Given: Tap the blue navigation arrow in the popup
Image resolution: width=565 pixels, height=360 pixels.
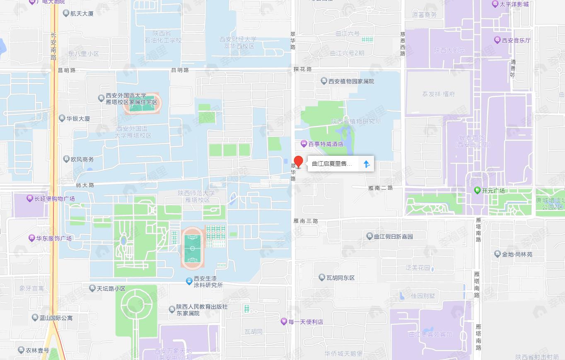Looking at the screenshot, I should [x=366, y=164].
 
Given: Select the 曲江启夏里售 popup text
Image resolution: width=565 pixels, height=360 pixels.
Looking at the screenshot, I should [x=332, y=164].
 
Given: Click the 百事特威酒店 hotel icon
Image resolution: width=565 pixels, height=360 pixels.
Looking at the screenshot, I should [x=304, y=144].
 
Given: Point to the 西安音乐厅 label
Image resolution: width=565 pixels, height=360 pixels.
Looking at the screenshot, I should [x=516, y=40].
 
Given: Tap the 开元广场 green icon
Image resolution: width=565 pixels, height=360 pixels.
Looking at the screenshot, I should [x=477, y=191].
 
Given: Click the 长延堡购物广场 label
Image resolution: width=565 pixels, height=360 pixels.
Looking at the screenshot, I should [x=54, y=199].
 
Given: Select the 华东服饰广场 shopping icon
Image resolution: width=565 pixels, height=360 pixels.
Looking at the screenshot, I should [x=31, y=238].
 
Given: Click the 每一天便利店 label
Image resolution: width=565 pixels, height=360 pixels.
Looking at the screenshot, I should [x=306, y=321].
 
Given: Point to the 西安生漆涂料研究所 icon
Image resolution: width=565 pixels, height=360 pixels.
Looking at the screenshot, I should [x=189, y=282].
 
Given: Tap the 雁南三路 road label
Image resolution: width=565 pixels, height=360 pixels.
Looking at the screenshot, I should [x=306, y=221].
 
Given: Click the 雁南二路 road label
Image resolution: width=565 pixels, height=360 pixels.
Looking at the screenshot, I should [x=380, y=188].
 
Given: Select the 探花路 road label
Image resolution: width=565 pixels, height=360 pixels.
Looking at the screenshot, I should [x=302, y=69].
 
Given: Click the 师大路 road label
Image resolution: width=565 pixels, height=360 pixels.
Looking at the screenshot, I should [x=85, y=185].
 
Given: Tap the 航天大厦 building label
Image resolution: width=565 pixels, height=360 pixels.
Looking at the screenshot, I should [x=82, y=14].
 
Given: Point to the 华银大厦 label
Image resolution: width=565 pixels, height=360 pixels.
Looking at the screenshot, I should [x=78, y=118].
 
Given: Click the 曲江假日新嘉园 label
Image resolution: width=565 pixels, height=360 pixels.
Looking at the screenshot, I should [x=393, y=237].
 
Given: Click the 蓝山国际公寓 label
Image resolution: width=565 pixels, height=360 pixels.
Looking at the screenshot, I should [x=56, y=318].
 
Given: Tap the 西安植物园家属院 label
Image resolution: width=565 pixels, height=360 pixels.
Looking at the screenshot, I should [x=351, y=81].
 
